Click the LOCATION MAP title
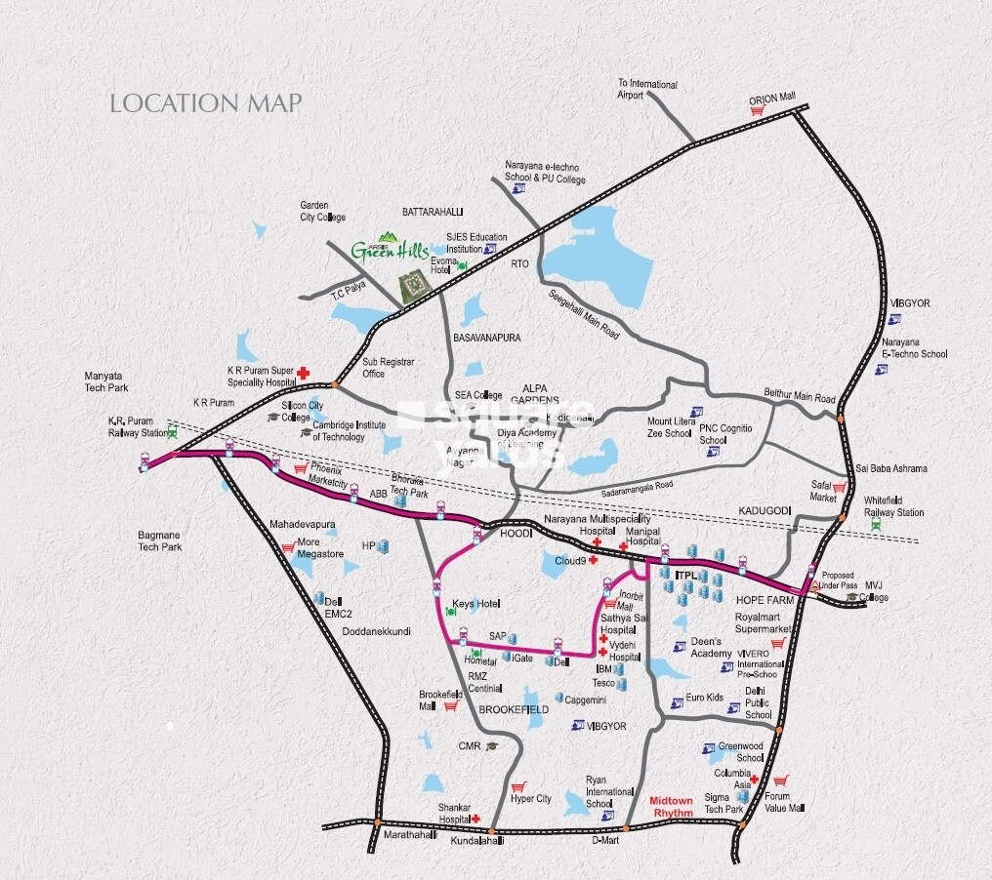pos(206,103)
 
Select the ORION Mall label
pos(772,98)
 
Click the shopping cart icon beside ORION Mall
pos(756,111)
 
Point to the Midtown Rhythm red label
pos(672,806)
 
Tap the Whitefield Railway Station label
pos(893,506)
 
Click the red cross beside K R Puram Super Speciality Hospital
pos(304,372)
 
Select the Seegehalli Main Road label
pos(584,314)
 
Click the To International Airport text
pos(646,89)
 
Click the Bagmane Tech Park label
pos(161,540)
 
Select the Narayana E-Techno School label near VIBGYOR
pos(914,348)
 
